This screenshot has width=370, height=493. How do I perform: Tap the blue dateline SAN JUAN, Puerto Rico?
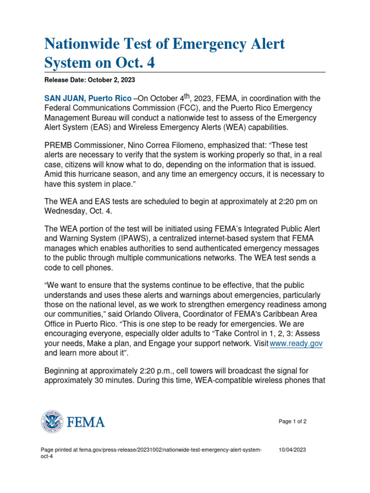point(88,98)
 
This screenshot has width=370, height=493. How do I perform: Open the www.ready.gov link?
point(296,343)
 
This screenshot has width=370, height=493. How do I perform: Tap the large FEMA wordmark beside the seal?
point(85,423)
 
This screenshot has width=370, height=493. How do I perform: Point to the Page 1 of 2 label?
point(292,421)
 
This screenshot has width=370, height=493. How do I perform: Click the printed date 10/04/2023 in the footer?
point(292,450)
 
